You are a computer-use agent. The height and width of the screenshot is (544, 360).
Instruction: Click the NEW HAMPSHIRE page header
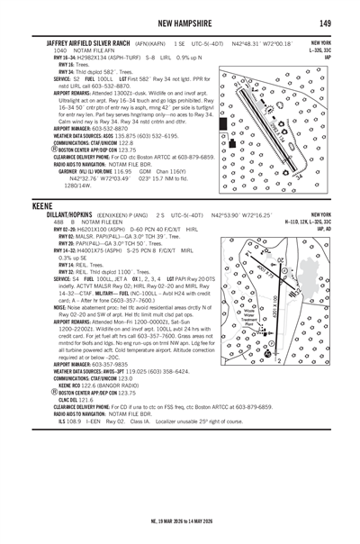[x=180, y=22]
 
